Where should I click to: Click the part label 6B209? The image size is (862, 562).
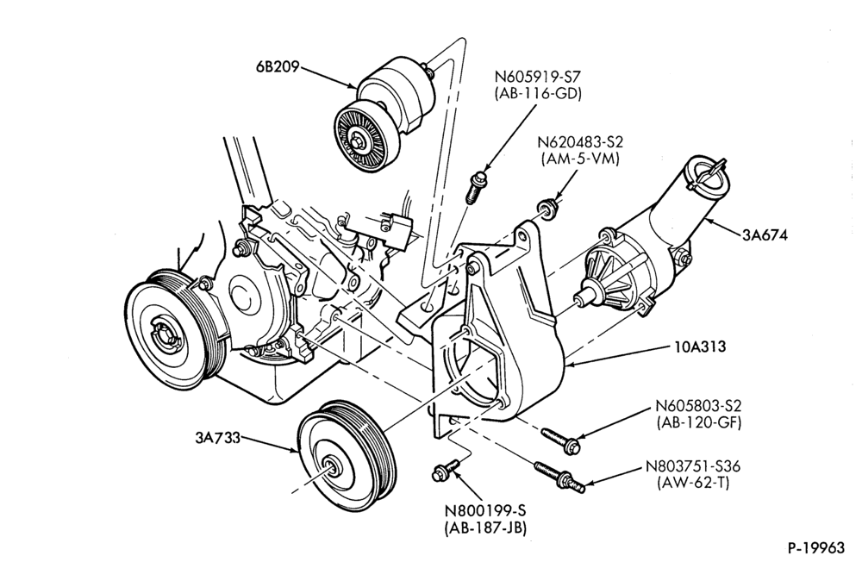point(278,67)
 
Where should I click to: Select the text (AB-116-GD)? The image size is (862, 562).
point(538,93)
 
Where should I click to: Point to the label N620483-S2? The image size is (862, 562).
point(580,142)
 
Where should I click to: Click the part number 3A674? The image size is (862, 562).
point(765,235)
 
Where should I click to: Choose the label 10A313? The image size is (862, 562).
point(700,347)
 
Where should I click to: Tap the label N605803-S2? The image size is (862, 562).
point(698,406)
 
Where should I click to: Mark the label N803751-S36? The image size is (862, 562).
point(693,466)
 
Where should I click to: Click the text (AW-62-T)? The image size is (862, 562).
point(693,484)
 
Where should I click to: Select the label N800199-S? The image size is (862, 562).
point(485,511)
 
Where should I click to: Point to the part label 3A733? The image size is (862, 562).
point(218,438)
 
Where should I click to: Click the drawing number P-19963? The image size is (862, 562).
point(815,547)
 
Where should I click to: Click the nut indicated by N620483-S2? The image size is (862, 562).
point(547,208)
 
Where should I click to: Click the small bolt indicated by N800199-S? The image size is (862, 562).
point(446,471)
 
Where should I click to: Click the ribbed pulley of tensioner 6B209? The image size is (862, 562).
point(361,137)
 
